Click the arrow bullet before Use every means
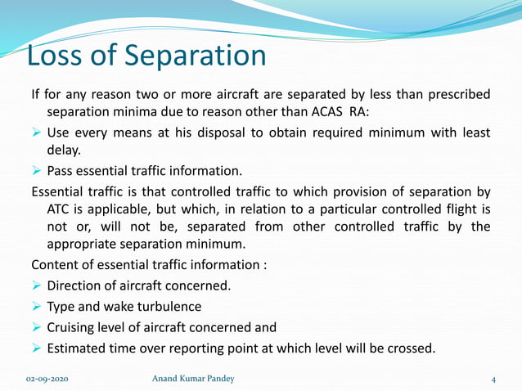click(x=37, y=133)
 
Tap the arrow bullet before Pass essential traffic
click(x=37, y=171)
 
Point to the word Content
click(x=56, y=265)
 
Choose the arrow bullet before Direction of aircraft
click(x=37, y=286)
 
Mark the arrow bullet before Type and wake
click(x=37, y=308)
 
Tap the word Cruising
click(x=74, y=328)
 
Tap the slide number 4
click(x=494, y=380)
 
